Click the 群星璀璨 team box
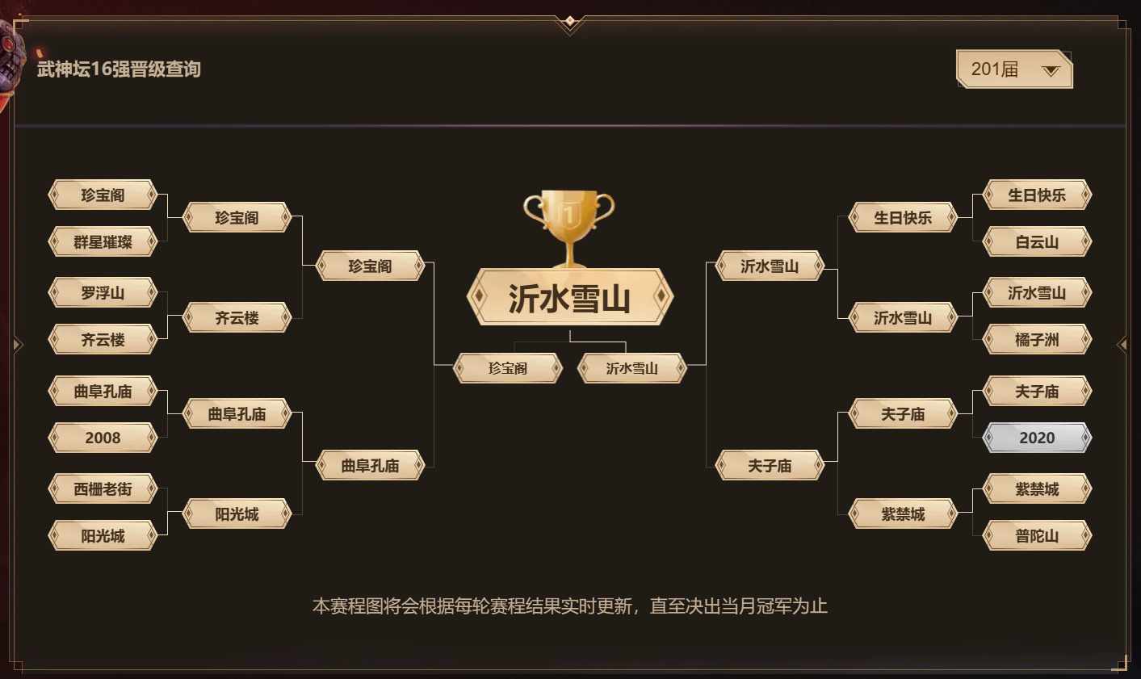coord(103,241)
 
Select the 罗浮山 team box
coord(103,292)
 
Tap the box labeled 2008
coord(103,438)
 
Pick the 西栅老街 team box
coord(103,489)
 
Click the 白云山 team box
coord(1037,241)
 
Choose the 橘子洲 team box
coord(1037,339)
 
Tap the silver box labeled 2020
coord(1037,438)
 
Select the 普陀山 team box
coord(1037,535)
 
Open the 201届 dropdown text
coord(994,69)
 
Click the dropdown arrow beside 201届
coord(1051,71)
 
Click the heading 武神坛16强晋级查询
coord(119,69)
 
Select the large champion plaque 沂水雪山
coord(569,296)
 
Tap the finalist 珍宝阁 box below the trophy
coord(507,368)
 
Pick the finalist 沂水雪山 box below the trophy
coord(631,368)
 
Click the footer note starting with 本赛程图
coord(569,606)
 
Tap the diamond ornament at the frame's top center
coord(570,21)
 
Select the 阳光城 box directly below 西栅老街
coord(103,535)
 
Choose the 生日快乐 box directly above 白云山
coord(1037,195)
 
